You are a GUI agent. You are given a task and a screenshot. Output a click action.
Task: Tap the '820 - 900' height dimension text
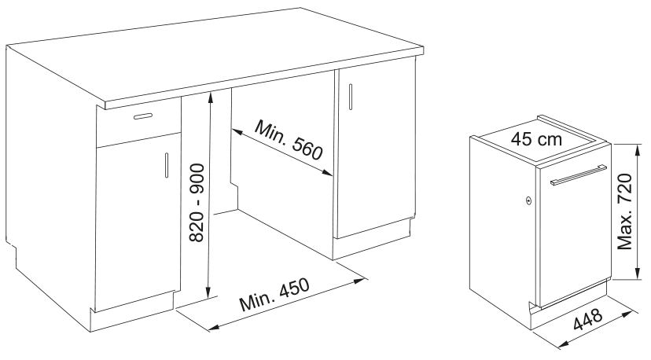point(197,203)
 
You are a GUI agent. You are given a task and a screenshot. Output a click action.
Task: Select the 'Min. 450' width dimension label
point(274,295)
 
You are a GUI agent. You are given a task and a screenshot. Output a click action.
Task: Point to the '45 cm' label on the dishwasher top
point(536,139)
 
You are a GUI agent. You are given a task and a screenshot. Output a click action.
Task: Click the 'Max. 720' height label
point(624,211)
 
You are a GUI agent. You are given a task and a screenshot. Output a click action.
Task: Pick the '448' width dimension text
point(588,319)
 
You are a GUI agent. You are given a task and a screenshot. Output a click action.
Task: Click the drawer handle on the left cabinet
point(143,116)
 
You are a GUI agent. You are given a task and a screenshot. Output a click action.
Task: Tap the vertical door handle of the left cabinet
point(167,165)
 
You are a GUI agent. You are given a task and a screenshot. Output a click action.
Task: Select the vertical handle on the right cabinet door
point(351,97)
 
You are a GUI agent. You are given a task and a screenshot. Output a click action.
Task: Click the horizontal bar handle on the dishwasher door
point(579,174)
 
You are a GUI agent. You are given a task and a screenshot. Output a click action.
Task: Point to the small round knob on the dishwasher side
point(528,200)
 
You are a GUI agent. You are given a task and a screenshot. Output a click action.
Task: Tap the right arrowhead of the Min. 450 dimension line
point(359,281)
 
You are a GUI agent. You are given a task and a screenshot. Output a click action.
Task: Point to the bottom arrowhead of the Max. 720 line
point(638,274)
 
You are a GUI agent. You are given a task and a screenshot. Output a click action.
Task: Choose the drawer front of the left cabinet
point(138,121)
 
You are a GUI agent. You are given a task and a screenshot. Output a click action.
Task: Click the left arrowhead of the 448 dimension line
point(564,343)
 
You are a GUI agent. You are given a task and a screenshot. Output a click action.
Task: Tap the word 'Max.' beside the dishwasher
point(624,235)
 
